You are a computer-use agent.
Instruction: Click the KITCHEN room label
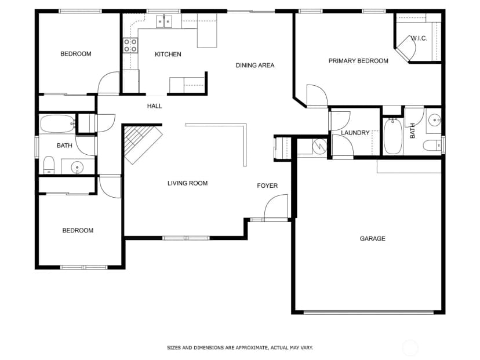point(168,54)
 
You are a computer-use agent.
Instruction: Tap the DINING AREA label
point(254,65)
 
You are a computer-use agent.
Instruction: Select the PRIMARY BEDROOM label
point(358,61)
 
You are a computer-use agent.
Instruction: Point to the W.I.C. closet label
point(419,38)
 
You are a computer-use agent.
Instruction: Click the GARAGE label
point(372,238)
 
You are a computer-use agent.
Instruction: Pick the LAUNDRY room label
point(355,133)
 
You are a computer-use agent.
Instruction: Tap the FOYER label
point(267,186)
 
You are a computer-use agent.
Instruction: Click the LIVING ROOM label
point(187,183)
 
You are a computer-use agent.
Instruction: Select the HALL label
point(154,106)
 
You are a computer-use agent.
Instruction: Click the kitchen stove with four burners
point(130,45)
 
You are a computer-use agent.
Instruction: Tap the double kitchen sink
point(164,21)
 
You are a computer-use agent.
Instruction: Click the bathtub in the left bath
point(57,123)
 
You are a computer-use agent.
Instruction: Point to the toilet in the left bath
point(49,165)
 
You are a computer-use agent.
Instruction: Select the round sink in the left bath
point(77,168)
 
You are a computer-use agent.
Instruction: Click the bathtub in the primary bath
point(393,136)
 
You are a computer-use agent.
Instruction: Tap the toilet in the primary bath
point(432,146)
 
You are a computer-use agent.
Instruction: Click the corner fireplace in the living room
point(141,144)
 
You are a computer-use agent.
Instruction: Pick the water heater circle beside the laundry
point(319,146)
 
